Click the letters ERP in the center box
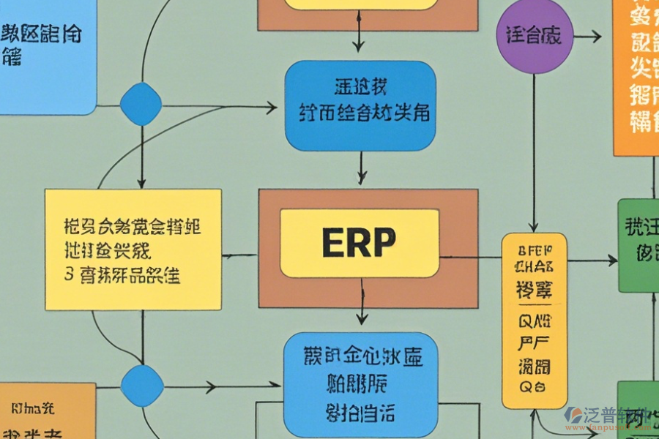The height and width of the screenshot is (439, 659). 359,242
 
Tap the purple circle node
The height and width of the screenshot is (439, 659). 534,36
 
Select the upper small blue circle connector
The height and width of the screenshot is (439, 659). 141,105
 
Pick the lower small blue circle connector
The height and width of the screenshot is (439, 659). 141,386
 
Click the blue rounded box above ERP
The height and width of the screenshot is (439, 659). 360,105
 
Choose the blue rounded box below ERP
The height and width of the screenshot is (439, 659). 360,380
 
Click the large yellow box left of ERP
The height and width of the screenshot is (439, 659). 133,249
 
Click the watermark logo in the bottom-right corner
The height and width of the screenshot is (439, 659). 576,416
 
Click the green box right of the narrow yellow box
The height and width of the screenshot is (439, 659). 638,245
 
